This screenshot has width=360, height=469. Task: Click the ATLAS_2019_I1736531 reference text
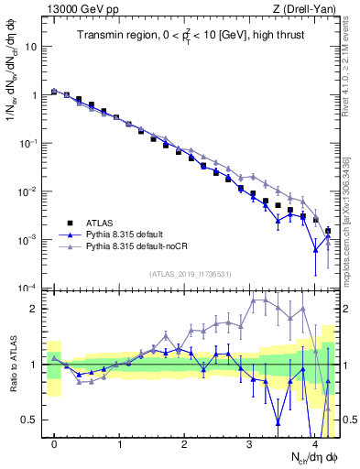(190, 274)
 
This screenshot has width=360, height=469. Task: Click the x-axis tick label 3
(249, 443)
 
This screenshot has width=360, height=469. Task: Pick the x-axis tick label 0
(54, 443)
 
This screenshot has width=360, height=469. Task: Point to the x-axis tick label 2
(184, 443)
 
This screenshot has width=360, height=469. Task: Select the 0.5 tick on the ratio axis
(30, 420)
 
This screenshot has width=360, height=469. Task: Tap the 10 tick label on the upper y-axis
(30, 47)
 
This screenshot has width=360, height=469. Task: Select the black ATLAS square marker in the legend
(70, 223)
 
